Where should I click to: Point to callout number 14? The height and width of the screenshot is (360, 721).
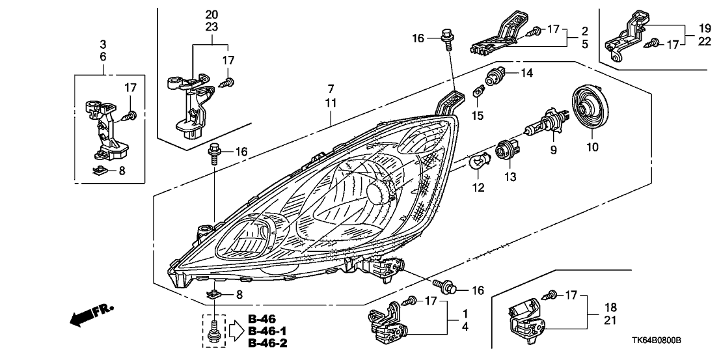click(526, 74)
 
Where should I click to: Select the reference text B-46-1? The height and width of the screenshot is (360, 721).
click(267, 331)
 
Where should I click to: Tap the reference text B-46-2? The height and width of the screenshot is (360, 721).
click(267, 343)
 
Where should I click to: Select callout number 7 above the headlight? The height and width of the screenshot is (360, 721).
click(331, 89)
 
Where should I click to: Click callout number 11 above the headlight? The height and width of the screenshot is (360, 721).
click(331, 104)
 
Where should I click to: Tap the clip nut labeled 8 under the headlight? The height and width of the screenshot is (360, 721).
click(215, 295)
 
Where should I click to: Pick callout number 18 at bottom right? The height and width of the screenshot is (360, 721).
click(610, 307)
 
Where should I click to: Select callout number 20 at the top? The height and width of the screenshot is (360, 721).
click(211, 14)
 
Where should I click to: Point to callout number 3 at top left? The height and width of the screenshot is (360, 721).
click(103, 44)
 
